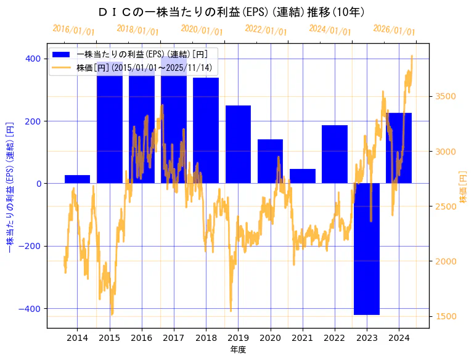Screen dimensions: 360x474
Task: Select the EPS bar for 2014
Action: [77, 179]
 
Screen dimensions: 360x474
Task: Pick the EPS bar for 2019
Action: [238, 144]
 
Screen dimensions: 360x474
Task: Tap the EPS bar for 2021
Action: [303, 176]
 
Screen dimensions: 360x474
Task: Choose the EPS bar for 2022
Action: [335, 154]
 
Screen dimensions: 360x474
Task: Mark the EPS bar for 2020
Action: [270, 161]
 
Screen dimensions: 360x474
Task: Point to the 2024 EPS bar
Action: [399, 148]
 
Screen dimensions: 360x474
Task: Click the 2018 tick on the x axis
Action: [206, 338]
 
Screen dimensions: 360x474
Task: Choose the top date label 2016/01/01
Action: [73, 29]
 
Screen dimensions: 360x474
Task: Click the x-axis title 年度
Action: [238, 350]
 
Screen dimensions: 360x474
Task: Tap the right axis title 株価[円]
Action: [464, 187]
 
